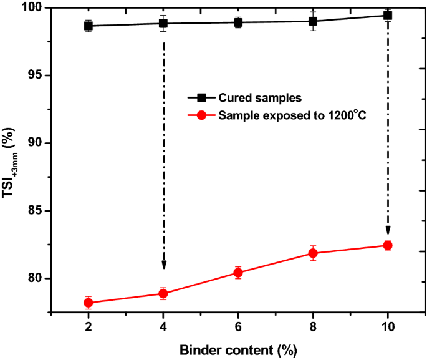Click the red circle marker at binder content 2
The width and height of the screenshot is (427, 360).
(x=89, y=303)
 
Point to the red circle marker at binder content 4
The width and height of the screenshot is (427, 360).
(x=163, y=293)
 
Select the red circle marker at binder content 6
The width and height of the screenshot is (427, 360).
(x=238, y=273)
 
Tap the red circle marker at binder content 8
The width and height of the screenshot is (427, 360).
(x=313, y=253)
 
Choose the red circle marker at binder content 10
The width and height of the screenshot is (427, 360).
(x=388, y=245)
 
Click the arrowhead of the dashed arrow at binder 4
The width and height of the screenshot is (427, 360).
(x=163, y=265)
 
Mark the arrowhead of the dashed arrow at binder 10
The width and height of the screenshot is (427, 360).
(x=388, y=229)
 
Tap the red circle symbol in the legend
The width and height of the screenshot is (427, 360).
(x=201, y=115)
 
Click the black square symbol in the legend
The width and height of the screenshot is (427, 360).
(x=201, y=98)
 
